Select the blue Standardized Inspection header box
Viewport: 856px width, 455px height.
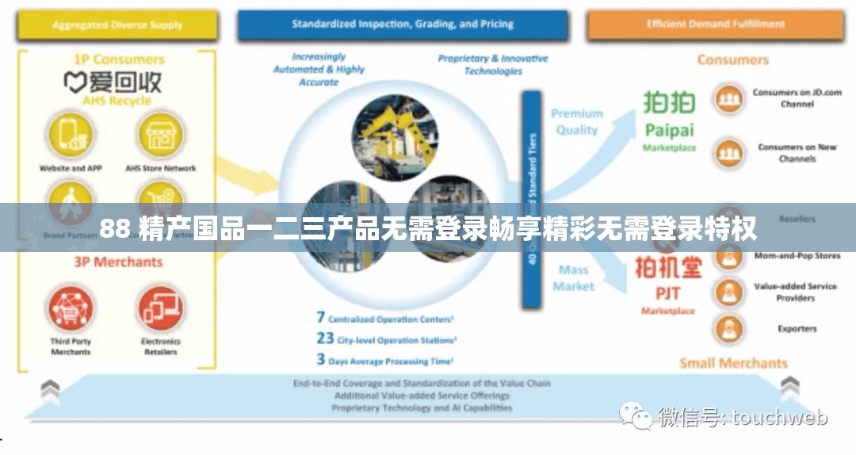tap(402, 25)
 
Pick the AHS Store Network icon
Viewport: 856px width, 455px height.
tap(160, 135)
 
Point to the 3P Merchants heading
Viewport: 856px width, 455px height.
tap(118, 262)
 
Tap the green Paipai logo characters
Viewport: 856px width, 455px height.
tap(668, 104)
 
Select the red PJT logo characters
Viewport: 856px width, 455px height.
tap(668, 268)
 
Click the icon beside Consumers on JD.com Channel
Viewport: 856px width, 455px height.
tap(728, 99)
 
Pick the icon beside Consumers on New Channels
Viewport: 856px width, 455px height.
tap(728, 152)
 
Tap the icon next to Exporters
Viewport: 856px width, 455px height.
tap(728, 328)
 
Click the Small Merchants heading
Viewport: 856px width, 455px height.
tap(733, 363)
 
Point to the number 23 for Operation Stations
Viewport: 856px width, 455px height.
tap(325, 338)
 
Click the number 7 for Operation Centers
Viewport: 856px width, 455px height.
tap(321, 318)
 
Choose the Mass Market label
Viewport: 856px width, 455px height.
tap(573, 278)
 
